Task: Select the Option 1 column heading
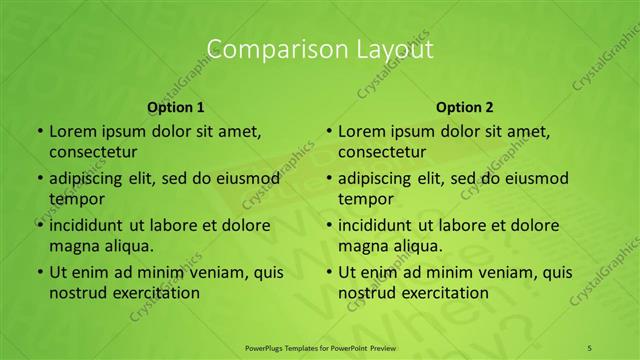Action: tap(176, 107)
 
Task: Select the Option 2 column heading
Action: tap(465, 107)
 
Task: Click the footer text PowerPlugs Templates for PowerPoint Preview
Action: tap(319, 347)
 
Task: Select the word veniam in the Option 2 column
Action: tap(494, 272)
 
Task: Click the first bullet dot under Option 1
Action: tap(39, 131)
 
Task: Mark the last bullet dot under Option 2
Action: tap(328, 272)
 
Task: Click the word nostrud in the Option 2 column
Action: tap(366, 293)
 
